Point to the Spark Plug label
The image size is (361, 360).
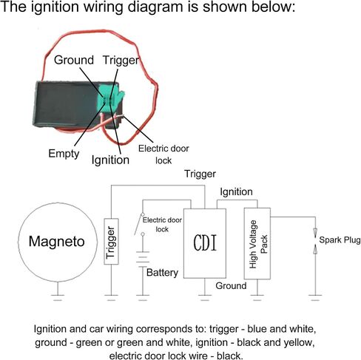click(x=340, y=240)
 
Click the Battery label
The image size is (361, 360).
click(x=162, y=273)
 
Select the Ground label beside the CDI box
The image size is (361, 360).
click(x=231, y=286)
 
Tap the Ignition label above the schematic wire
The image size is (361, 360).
click(x=236, y=191)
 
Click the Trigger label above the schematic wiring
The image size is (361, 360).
click(x=200, y=174)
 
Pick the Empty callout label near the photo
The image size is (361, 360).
click(x=64, y=154)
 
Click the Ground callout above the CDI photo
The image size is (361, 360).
click(x=74, y=60)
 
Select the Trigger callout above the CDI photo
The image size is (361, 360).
click(x=121, y=61)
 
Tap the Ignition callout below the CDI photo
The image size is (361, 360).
click(x=110, y=160)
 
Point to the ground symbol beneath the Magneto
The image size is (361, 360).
click(x=58, y=297)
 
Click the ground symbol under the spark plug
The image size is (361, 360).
click(x=315, y=297)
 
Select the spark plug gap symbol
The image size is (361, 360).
click(x=315, y=241)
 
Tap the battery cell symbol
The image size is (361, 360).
click(x=143, y=259)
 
